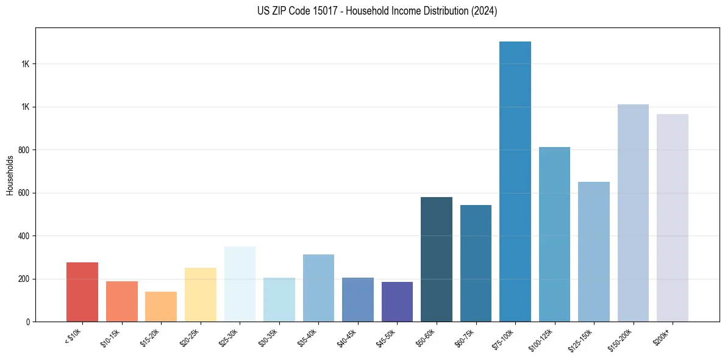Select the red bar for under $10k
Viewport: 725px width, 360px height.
pos(82,292)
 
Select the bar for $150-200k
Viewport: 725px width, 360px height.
pos(633,213)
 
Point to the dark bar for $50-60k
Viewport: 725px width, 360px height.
pos(437,259)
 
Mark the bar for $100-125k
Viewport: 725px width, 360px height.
pos(554,234)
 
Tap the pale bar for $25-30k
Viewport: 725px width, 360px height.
pos(240,284)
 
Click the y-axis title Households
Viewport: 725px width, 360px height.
pos(10,175)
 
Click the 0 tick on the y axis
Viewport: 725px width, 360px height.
pos(28,322)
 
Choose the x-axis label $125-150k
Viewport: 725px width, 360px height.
pos(581,339)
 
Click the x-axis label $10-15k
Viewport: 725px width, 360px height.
pos(110,337)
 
